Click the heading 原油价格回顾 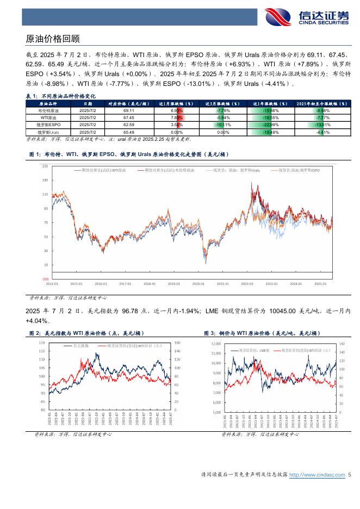pyautogui.click(x=53, y=39)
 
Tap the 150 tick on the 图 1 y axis pyautogui.click(x=45, y=166)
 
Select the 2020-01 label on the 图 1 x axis pyautogui.click(x=198, y=284)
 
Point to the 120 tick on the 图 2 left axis pyautogui.click(x=42, y=343)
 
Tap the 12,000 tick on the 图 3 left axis pyautogui.click(x=215, y=344)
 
